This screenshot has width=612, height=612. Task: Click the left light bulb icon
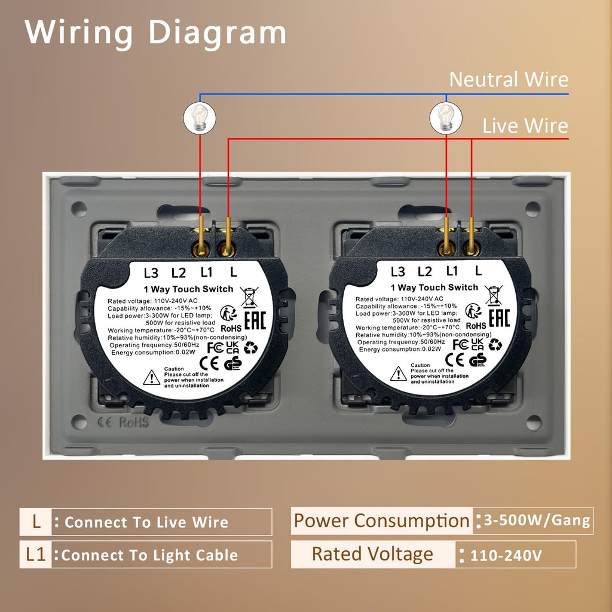(x=200, y=118)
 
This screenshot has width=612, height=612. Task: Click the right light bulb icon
(x=446, y=118)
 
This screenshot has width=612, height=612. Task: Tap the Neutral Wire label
(x=509, y=79)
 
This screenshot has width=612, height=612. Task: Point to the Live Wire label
(x=525, y=126)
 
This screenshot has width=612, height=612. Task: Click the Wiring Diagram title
(x=155, y=33)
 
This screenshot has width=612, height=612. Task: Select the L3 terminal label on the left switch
(x=151, y=273)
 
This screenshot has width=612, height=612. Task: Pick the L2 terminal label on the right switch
(x=425, y=272)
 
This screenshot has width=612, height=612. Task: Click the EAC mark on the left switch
(x=255, y=320)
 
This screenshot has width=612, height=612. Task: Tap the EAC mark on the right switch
(x=499, y=318)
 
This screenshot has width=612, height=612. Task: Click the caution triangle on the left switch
(x=151, y=378)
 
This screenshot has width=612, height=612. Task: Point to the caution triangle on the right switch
(x=398, y=374)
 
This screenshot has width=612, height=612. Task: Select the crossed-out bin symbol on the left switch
(x=249, y=297)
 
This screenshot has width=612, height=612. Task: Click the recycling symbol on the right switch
(x=495, y=344)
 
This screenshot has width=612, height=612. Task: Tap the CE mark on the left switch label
(x=209, y=363)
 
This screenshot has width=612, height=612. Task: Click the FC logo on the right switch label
(x=461, y=345)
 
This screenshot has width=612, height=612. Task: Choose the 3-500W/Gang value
(x=537, y=521)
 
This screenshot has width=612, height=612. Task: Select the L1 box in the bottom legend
(x=35, y=554)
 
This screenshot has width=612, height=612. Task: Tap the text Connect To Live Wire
(x=146, y=522)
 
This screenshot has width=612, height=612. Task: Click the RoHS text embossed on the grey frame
(x=134, y=423)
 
